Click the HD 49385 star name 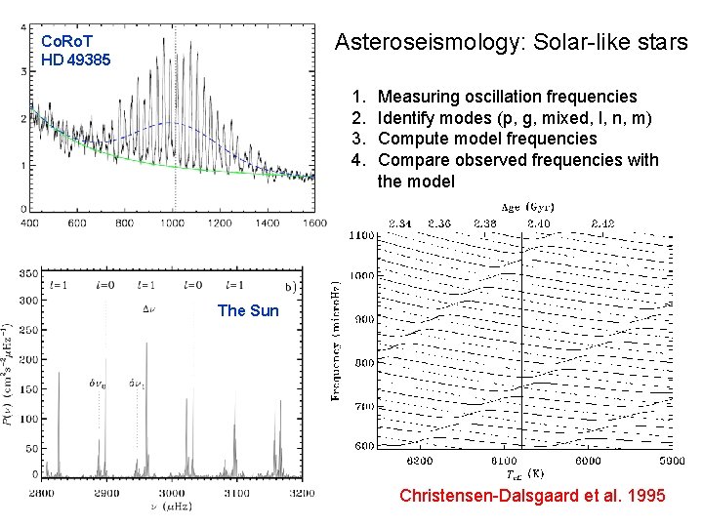[x=76, y=60]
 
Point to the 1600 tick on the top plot [x=313, y=223]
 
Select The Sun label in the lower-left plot [x=247, y=311]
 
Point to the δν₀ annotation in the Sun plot [x=99, y=384]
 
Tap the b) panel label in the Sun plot [x=290, y=287]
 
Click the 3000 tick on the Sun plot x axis [x=171, y=495]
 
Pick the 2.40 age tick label [x=538, y=223]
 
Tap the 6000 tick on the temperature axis [x=588, y=461]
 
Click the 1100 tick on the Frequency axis [x=362, y=235]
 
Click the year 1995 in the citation [x=645, y=497]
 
